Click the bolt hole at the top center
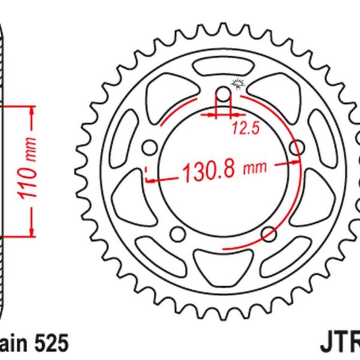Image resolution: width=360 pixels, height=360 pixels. point(223,94)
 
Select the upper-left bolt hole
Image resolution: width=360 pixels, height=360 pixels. point(149,148)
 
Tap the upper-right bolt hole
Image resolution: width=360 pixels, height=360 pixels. point(296,148)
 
